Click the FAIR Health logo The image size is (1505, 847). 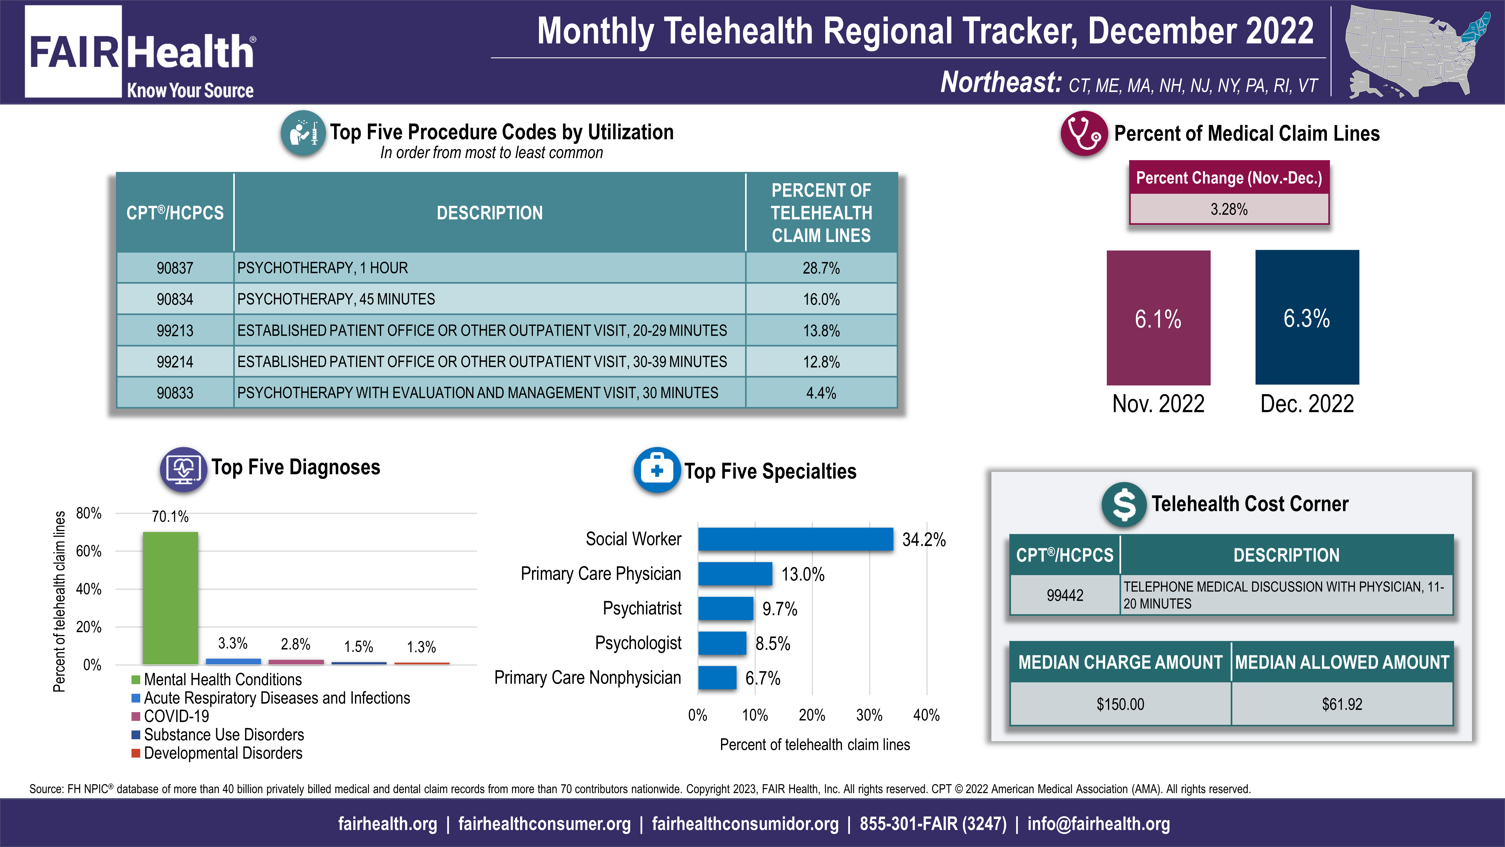coord(140,53)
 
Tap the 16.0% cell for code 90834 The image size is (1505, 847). coord(821,299)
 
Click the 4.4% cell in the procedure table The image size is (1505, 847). coord(821,393)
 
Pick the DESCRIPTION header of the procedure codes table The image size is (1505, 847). coord(490,213)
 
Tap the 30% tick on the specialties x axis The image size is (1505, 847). coord(869,715)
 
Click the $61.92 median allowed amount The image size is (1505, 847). coord(1342,704)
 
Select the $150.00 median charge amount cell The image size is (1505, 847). coord(1120,704)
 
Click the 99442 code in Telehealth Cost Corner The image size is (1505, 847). coord(1064,595)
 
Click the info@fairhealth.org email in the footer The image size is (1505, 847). coord(1098,824)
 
